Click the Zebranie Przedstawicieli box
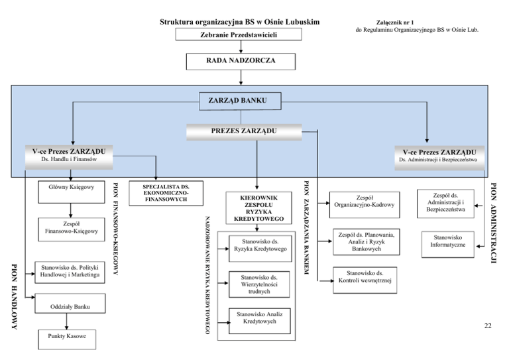[x=239, y=34]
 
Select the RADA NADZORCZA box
[x=241, y=61]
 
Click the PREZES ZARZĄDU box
[x=249, y=131]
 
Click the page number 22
[x=487, y=325]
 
